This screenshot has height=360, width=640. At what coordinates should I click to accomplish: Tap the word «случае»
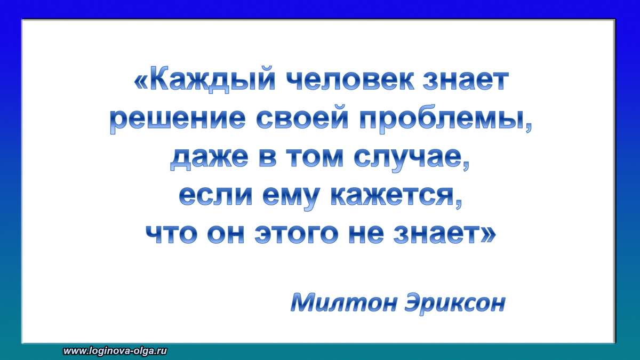(406, 159)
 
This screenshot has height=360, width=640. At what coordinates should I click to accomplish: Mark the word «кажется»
(395, 197)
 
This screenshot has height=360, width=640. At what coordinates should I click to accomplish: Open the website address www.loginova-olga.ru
(116, 351)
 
